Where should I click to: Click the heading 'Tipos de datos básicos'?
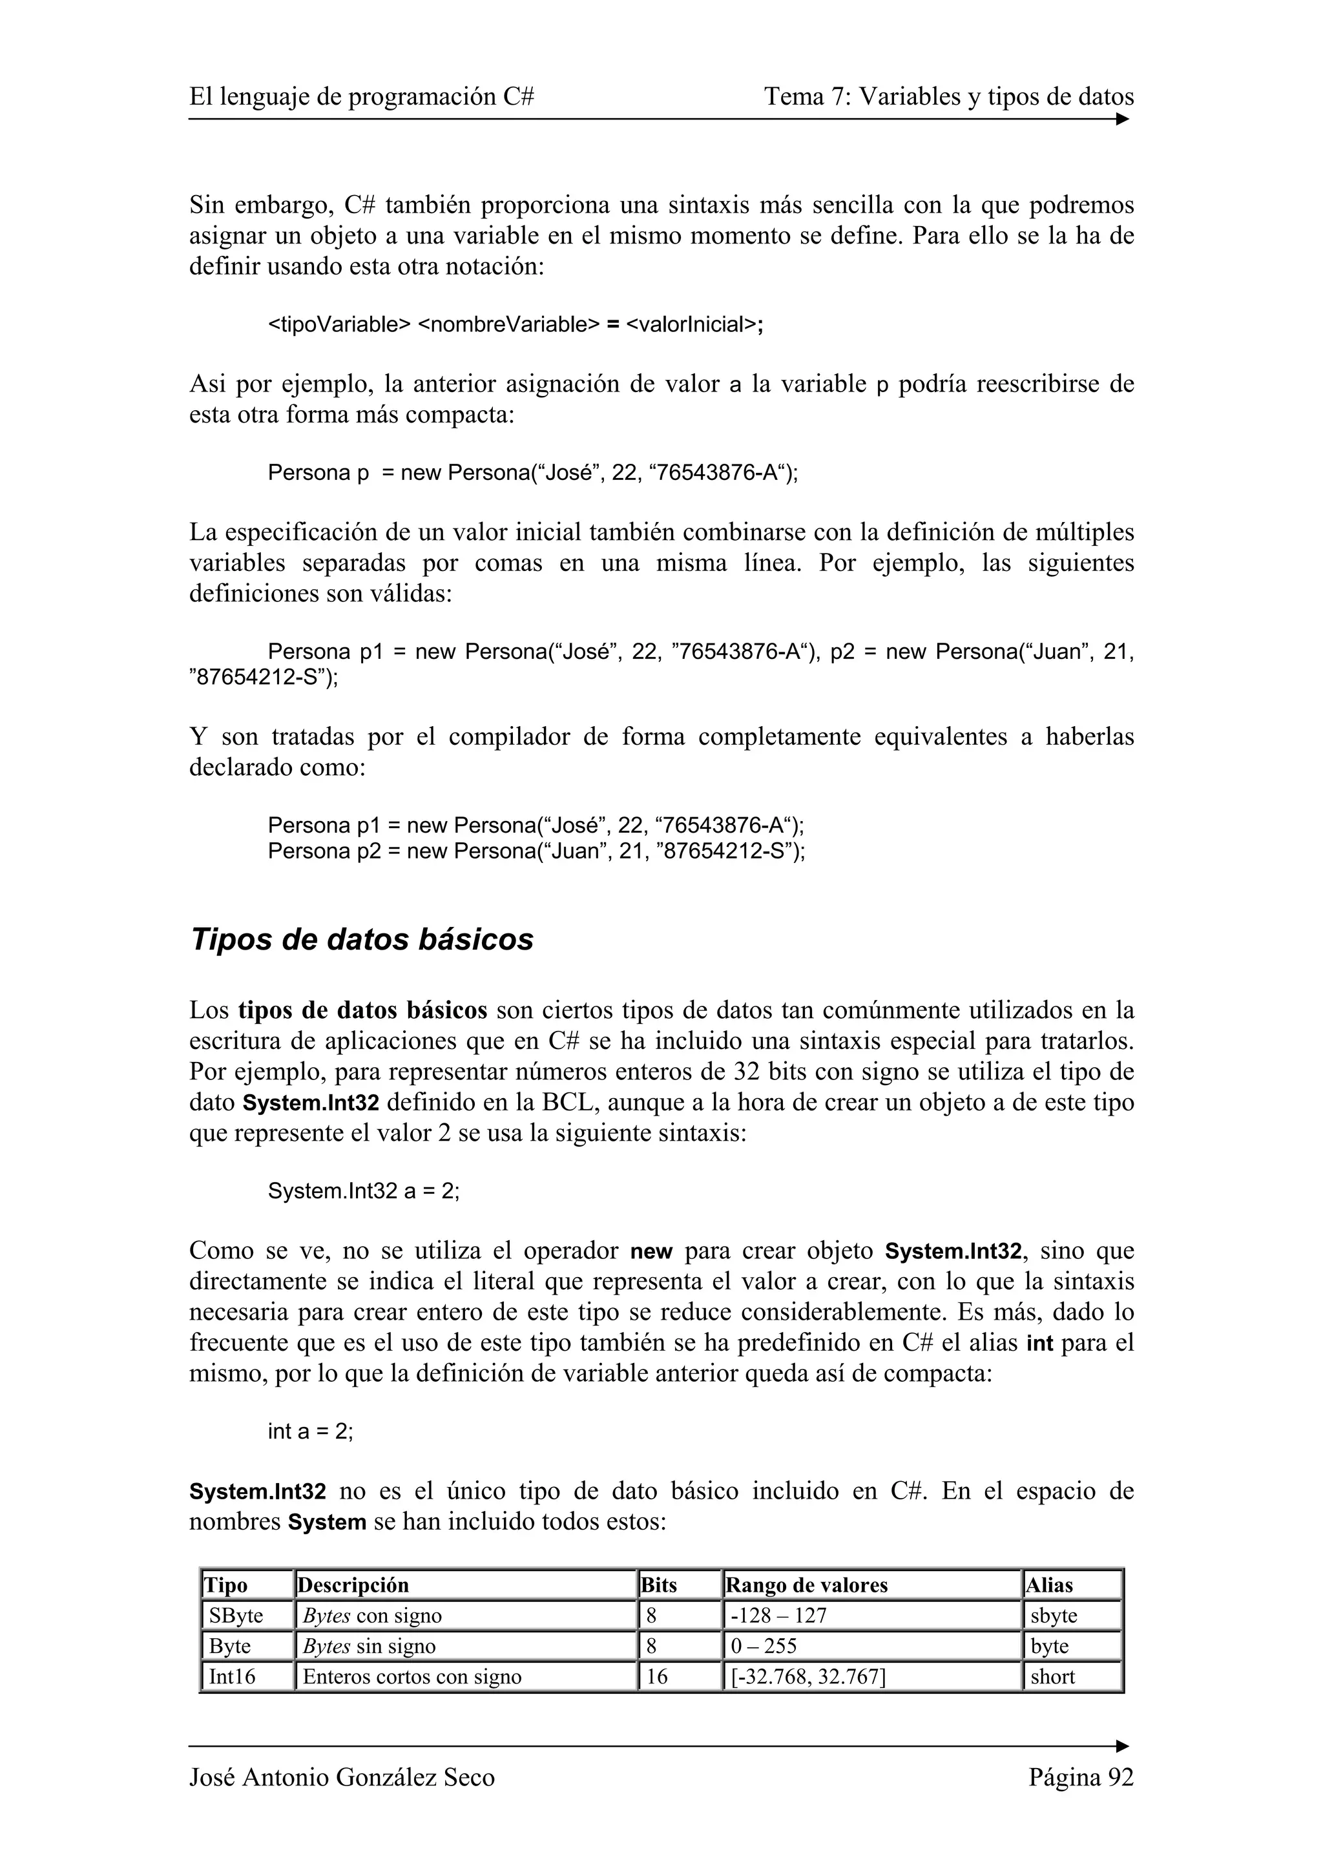pos(361,940)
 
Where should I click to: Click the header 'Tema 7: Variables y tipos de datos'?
pos(948,98)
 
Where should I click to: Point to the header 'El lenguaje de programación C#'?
pos(361,98)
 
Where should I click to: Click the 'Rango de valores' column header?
pos(806,1585)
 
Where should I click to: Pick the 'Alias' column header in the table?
pos(1049,1585)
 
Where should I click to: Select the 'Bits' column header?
pos(659,1585)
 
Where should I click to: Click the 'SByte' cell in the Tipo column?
pos(236,1615)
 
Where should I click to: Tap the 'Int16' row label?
pos(233,1676)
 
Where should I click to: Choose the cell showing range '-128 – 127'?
pos(778,1615)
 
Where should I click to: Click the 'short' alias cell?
pos(1052,1676)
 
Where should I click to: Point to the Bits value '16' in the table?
pos(656,1676)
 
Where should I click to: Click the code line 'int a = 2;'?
pos(311,1431)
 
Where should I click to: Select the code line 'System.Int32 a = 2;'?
pos(364,1191)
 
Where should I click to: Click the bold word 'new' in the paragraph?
pos(651,1251)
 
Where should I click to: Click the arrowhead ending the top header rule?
pos(1123,119)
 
